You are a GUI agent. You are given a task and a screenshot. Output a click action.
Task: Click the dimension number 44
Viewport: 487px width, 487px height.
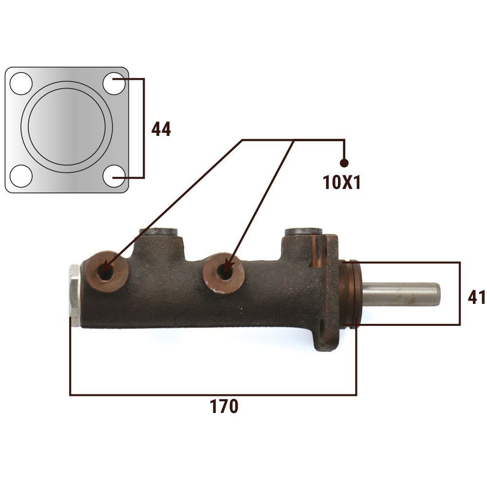coord(161,129)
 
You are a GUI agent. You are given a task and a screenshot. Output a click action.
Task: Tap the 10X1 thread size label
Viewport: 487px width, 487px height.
coord(342,182)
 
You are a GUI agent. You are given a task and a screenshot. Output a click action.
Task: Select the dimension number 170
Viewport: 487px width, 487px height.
coord(224,406)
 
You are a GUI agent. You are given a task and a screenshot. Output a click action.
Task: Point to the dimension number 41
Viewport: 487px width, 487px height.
coord(477,297)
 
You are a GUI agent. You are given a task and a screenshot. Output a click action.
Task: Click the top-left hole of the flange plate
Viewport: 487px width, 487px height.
coord(21,84)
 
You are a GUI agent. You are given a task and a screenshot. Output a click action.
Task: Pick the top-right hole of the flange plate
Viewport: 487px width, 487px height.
coord(114,84)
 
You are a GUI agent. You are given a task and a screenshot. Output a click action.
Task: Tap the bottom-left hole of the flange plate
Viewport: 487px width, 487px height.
coord(21,176)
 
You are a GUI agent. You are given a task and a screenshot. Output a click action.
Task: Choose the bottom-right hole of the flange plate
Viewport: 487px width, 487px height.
coord(114,176)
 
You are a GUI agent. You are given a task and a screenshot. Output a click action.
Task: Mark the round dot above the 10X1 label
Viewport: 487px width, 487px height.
coord(344,163)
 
